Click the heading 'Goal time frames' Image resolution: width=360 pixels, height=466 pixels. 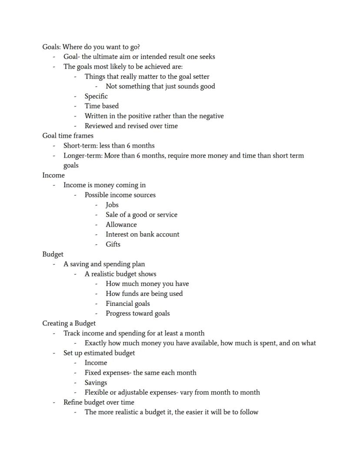pyautogui.click(x=68, y=136)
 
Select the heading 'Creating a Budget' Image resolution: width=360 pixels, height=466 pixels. pyautogui.click(x=69, y=323)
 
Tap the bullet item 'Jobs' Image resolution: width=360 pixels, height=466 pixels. pyautogui.click(x=112, y=205)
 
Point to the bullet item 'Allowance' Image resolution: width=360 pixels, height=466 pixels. pyautogui.click(x=121, y=225)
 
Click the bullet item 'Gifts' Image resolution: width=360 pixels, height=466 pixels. pyautogui.click(x=113, y=244)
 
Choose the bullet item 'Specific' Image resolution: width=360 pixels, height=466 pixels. pyautogui.click(x=96, y=96)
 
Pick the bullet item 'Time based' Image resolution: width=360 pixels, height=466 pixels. pyautogui.click(x=101, y=106)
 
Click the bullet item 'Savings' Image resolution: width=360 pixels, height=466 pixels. pyautogui.click(x=96, y=382)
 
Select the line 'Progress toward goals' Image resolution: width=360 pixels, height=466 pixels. pyautogui.click(x=137, y=313)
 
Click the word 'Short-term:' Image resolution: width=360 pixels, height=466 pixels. pyautogui.click(x=80, y=146)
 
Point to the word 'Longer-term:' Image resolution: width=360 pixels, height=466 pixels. pyautogui.click(x=83, y=156)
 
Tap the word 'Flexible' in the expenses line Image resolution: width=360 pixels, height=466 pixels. pyautogui.click(x=97, y=392)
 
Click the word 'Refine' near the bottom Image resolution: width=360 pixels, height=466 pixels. pyautogui.click(x=73, y=402)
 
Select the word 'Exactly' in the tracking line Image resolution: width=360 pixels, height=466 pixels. pyautogui.click(x=97, y=343)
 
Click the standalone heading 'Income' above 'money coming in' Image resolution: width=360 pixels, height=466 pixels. pyautogui.click(x=53, y=175)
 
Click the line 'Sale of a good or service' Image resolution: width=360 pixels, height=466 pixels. pyautogui.click(x=141, y=215)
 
